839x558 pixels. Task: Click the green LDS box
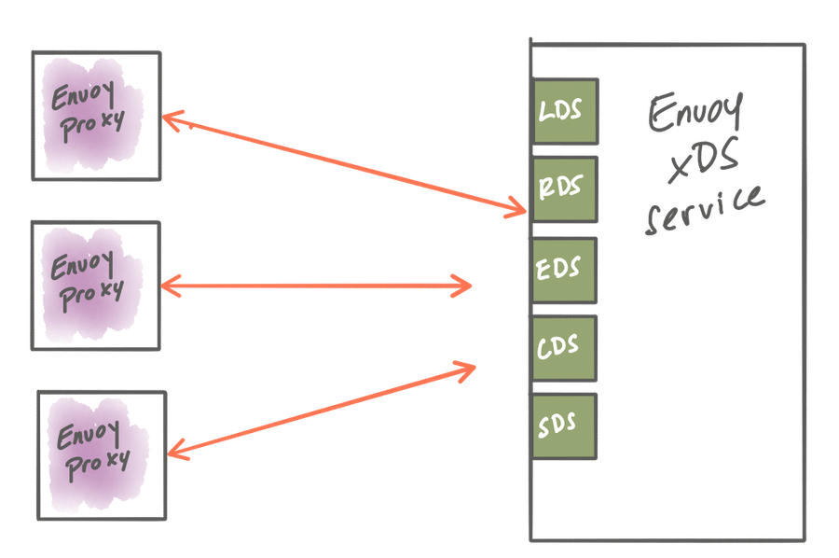(x=564, y=111)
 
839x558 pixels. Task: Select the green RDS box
(x=564, y=189)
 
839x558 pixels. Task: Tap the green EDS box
(x=564, y=270)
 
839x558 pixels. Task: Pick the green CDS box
(x=564, y=348)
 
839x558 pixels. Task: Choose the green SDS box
(x=564, y=426)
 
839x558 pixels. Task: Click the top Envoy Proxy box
(x=96, y=115)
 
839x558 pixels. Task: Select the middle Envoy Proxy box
(x=96, y=286)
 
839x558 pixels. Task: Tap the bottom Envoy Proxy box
(x=102, y=454)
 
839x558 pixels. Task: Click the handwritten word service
(x=704, y=210)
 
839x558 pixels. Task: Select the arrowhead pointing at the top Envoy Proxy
(x=170, y=119)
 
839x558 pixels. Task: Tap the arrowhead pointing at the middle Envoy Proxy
(x=170, y=285)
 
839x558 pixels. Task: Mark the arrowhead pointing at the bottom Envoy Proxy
(x=174, y=453)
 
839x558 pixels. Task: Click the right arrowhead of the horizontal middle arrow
(x=466, y=285)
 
